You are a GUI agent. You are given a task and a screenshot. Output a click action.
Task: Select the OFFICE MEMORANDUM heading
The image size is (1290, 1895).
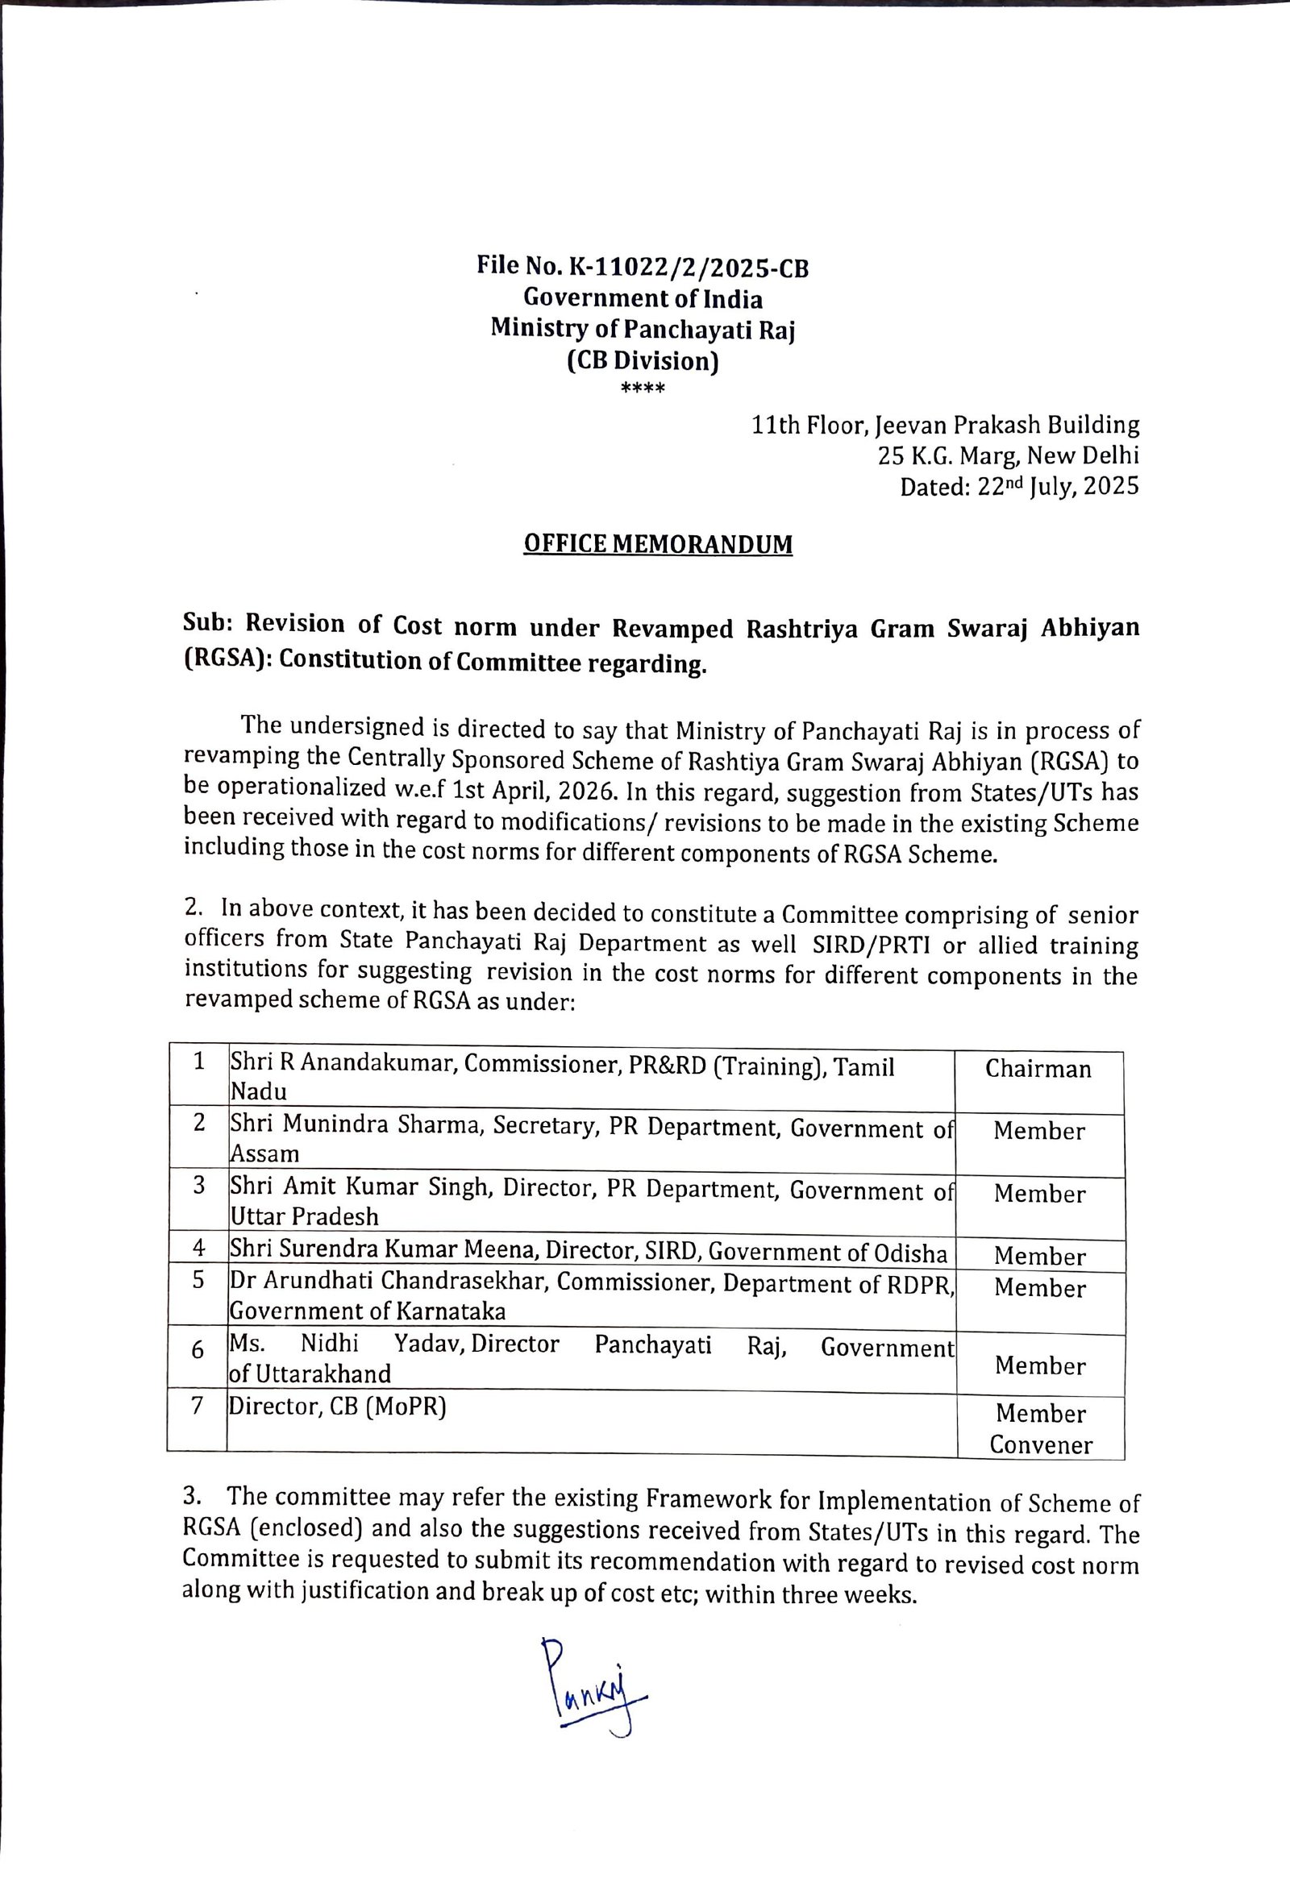point(657,544)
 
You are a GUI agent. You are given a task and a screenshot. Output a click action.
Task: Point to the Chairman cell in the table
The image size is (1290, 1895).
point(1037,1069)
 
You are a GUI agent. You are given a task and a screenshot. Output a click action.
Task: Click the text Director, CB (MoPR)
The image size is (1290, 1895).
point(339,1406)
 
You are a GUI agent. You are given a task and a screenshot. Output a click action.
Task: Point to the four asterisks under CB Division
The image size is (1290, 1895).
point(643,389)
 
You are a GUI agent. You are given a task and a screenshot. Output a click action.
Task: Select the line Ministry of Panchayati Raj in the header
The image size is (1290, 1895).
point(642,329)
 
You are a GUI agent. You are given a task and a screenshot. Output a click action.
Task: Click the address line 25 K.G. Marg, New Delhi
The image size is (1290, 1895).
point(1008,455)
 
